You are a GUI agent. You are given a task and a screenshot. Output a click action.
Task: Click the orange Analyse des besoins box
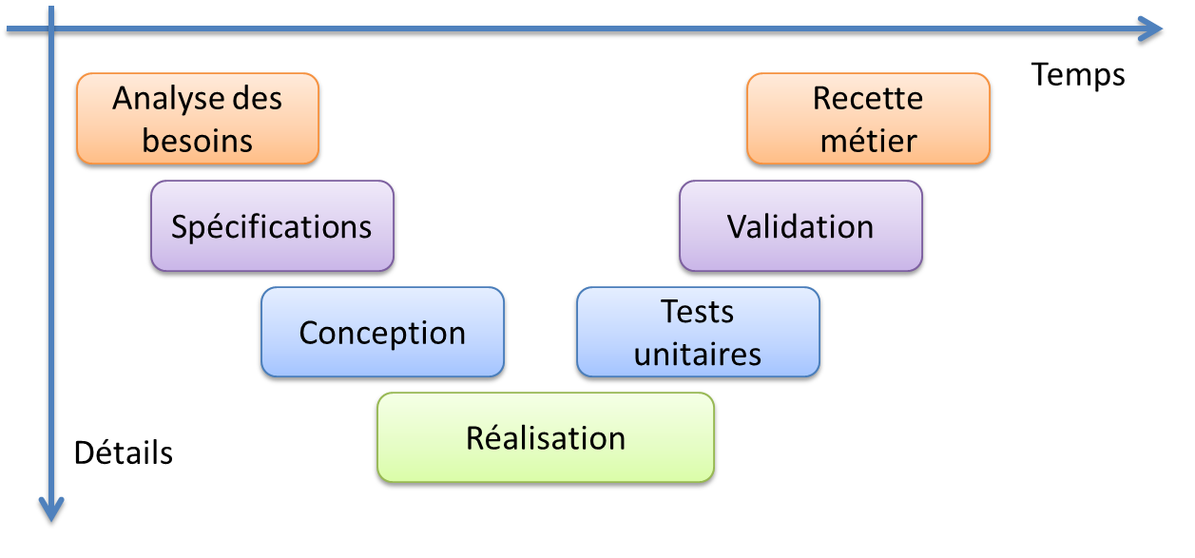click(x=198, y=119)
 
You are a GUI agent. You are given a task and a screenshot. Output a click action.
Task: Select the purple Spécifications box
click(x=272, y=225)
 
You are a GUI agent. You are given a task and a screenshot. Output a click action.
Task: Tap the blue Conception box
click(x=382, y=332)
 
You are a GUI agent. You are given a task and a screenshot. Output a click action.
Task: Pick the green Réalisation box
click(x=546, y=437)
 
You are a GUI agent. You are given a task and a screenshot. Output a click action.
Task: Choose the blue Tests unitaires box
click(x=698, y=332)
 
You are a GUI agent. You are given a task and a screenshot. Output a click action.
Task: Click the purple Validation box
click(x=800, y=225)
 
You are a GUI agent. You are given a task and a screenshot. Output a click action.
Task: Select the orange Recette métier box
click(x=869, y=119)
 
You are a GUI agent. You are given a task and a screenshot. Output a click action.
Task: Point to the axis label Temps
click(x=1078, y=76)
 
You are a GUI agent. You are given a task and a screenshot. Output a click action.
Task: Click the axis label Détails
click(x=124, y=452)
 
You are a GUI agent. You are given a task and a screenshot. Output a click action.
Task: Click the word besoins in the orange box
click(x=198, y=141)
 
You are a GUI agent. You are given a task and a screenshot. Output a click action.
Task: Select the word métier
click(x=869, y=141)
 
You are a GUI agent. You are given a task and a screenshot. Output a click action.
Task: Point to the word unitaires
click(x=697, y=355)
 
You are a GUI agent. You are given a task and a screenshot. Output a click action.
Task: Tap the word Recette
click(x=868, y=98)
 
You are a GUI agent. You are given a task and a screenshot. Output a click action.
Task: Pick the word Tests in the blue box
click(x=697, y=312)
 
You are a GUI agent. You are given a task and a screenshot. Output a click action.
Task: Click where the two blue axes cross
click(x=51, y=29)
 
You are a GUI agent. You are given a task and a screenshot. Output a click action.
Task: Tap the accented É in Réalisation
click(x=476, y=437)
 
